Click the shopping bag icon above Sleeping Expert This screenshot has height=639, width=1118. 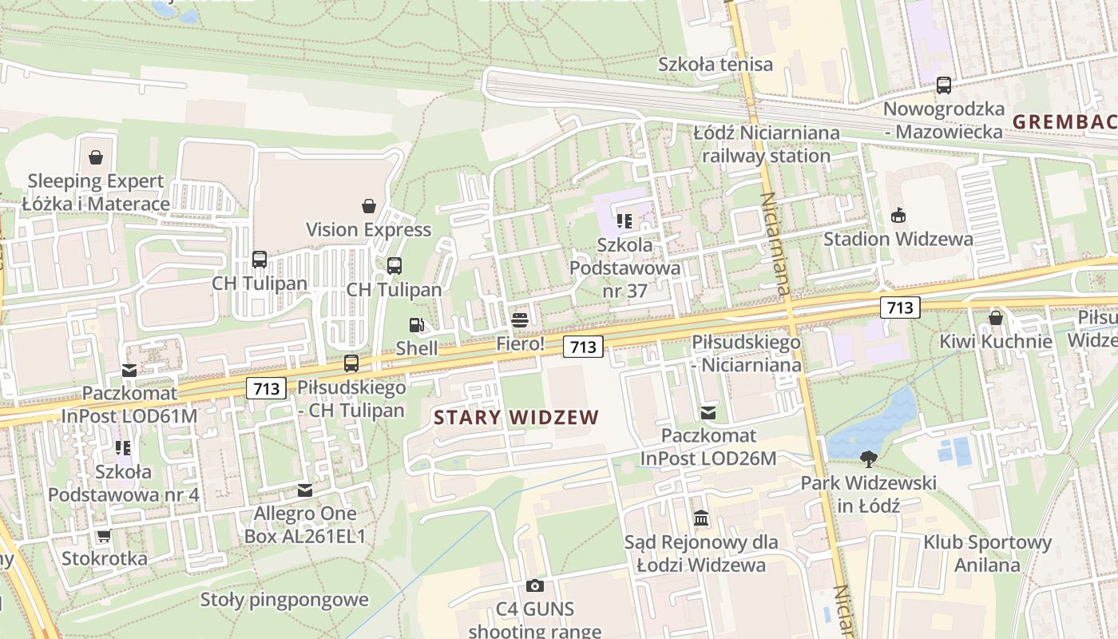tap(96, 157)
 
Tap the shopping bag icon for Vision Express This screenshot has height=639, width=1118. tap(369, 206)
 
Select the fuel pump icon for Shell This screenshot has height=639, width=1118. tap(416, 324)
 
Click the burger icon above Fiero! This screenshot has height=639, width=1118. tap(520, 320)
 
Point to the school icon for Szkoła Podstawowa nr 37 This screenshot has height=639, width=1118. tap(624, 220)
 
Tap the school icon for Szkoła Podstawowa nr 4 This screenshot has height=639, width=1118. tap(123, 447)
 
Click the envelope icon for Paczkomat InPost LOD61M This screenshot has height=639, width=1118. tap(129, 370)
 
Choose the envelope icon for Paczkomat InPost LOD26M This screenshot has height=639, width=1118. tap(708, 412)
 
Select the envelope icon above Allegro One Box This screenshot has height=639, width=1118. tap(305, 490)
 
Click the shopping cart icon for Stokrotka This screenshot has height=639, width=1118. tap(104, 535)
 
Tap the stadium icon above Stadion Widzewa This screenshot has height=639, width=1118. tap(898, 215)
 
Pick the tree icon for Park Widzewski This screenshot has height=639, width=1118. tap(868, 459)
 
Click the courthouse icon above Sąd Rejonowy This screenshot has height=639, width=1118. tap(701, 519)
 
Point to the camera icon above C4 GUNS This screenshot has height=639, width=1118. tap(535, 586)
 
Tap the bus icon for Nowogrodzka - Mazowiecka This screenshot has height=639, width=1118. tap(944, 85)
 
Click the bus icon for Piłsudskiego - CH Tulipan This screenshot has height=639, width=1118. tap(351, 363)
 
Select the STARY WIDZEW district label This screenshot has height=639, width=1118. tap(516, 417)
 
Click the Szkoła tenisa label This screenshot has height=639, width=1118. tap(716, 64)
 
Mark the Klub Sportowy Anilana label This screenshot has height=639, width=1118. tap(988, 554)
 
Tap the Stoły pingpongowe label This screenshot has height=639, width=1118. tap(284, 600)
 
